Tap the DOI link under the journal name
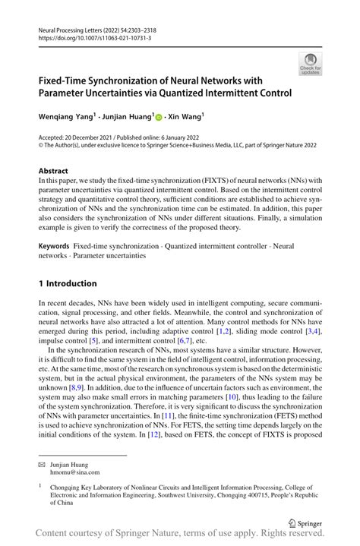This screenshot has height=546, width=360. pos(90,36)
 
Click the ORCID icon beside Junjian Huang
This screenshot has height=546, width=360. pos(159,118)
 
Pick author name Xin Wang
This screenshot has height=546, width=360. pos(185,118)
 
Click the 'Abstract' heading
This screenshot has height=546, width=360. pos(53,171)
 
